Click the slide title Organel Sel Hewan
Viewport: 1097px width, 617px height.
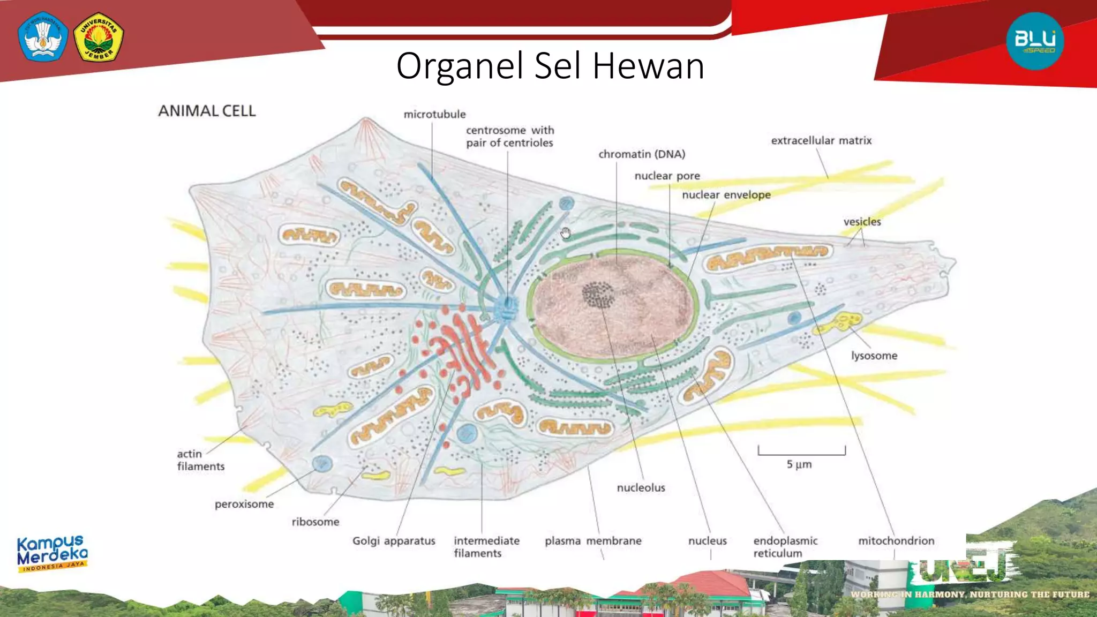[550, 66]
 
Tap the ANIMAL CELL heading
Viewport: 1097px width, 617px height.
[207, 111]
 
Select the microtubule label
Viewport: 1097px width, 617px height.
[434, 114]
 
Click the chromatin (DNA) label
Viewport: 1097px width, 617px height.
[642, 154]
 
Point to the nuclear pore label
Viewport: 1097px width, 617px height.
[667, 176]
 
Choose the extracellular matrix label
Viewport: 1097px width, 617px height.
[821, 140]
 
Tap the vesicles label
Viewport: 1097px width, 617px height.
[862, 222]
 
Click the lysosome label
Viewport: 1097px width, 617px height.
[874, 356]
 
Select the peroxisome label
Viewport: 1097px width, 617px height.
[244, 504]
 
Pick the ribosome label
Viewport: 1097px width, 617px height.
[315, 522]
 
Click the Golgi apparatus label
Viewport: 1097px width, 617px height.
[394, 541]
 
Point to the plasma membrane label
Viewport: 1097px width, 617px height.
[593, 541]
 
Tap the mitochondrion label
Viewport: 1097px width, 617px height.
[896, 541]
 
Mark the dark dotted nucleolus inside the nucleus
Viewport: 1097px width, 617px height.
[598, 295]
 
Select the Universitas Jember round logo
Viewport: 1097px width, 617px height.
[99, 37]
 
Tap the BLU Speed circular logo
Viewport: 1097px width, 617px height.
[1035, 41]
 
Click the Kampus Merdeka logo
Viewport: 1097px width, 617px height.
[52, 553]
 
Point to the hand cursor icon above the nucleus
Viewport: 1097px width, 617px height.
[566, 233]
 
